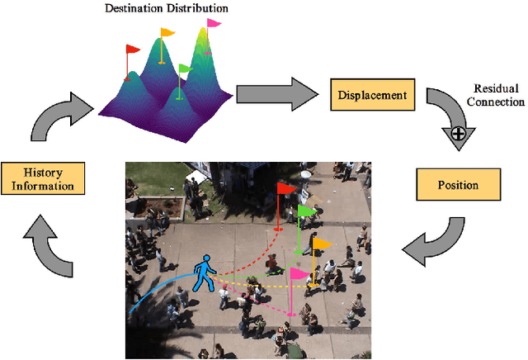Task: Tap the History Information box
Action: point(43,178)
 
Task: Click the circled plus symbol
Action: point(456,131)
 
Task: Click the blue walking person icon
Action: point(203,273)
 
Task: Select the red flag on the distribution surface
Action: point(133,50)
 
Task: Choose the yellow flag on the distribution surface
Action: point(167,33)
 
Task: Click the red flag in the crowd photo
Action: point(287,189)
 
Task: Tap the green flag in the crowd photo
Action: point(306,211)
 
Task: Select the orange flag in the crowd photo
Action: point(322,244)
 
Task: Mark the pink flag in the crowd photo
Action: point(298,273)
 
